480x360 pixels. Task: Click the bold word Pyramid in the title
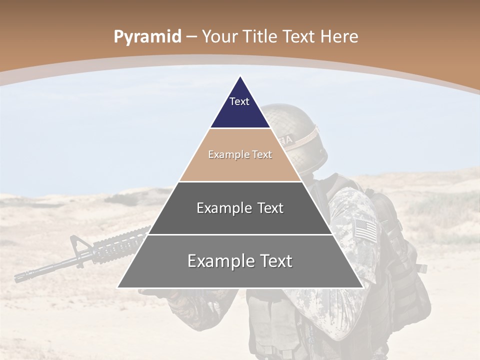tap(147, 37)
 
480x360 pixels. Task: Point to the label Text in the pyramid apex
tap(239, 101)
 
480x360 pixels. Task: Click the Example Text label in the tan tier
tap(240, 154)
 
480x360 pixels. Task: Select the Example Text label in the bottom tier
tap(240, 261)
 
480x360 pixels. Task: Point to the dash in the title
tap(191, 36)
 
